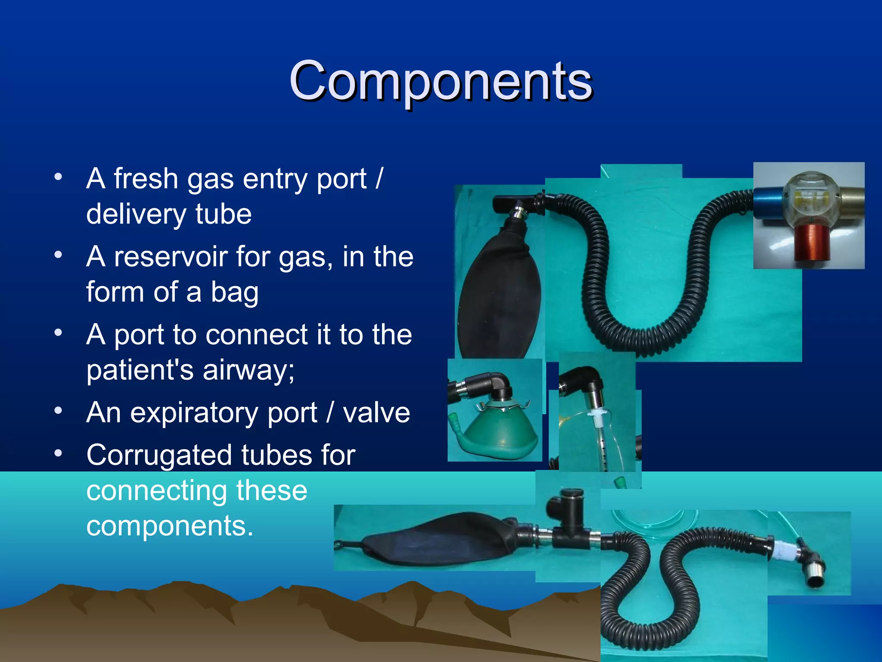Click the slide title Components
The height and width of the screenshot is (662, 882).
coord(441,81)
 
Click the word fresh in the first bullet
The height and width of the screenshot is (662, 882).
coord(146,179)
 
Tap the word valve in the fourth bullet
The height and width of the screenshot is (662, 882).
coord(376,413)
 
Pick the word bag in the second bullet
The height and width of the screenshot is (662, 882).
coord(235,292)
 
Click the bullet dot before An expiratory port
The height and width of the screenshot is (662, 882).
coord(59,411)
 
